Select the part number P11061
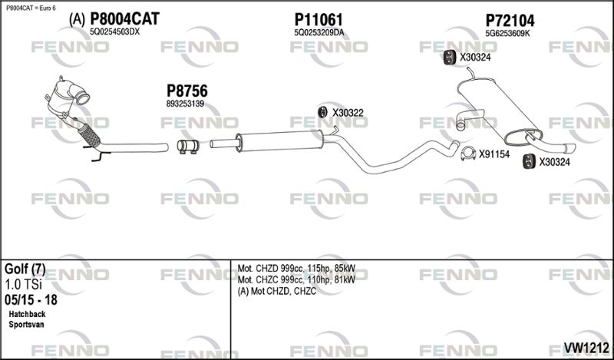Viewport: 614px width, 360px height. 318,19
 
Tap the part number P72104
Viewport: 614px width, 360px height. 510,20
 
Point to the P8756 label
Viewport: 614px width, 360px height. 187,91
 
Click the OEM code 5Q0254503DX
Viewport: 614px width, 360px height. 115,32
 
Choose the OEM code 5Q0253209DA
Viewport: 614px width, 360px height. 319,32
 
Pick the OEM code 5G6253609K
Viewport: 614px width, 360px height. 508,32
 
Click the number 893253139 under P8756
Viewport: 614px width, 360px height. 185,104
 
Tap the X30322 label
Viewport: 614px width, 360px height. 348,113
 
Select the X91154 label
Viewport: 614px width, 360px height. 494,154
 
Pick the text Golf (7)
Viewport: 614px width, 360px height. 25,269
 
